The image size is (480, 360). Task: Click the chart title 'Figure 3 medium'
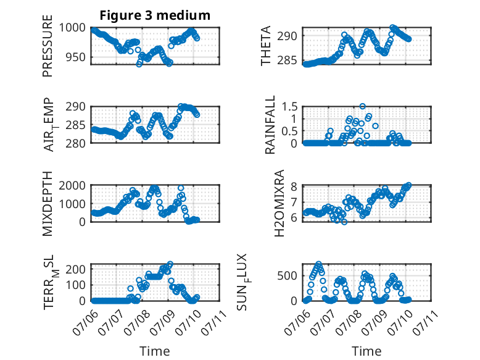tap(155, 15)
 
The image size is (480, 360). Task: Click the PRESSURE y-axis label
tap(48, 46)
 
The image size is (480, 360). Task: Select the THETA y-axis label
tap(266, 46)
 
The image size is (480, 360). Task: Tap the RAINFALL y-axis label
tap(270, 125)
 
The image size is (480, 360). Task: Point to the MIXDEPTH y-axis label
tap(48, 204)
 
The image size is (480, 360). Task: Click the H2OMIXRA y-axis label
tap(279, 203)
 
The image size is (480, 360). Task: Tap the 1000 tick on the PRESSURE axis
tap(73, 28)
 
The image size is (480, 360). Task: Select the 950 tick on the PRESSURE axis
tap(76, 57)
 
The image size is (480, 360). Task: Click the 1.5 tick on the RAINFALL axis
tap(289, 107)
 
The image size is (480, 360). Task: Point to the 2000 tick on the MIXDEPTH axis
tap(73, 185)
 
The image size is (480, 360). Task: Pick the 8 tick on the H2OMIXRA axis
tap(294, 186)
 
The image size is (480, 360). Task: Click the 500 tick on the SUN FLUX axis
tap(288, 276)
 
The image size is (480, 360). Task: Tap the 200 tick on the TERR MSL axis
tap(76, 269)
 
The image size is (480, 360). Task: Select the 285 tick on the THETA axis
tap(288, 61)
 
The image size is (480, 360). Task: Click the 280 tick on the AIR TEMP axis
tap(76, 143)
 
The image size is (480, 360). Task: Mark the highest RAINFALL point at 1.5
tap(362, 106)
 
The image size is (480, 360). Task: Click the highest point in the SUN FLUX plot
tap(319, 264)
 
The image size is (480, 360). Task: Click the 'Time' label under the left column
tap(155, 351)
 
